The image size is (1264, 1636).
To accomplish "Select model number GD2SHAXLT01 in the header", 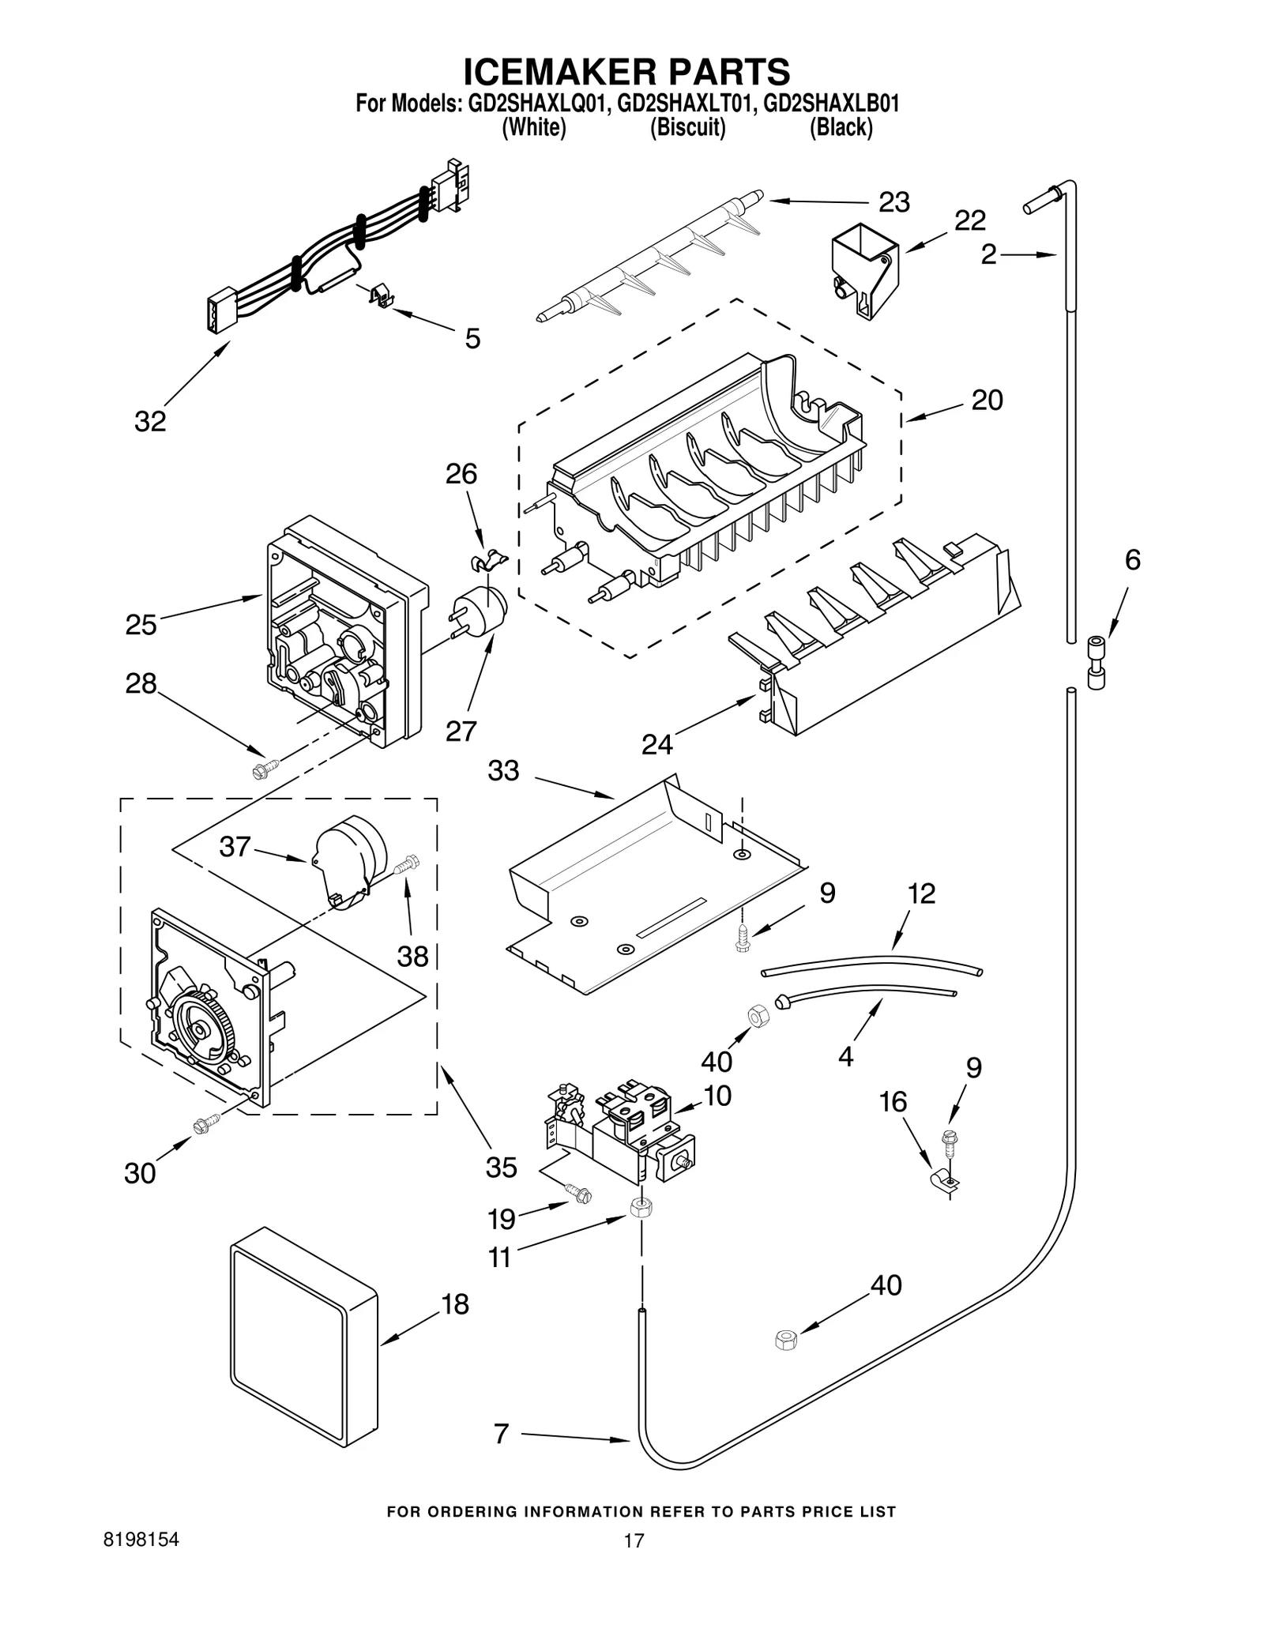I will [x=683, y=104].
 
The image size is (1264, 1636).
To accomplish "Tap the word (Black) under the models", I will [x=841, y=128].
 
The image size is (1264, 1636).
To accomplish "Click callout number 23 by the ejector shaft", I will [x=894, y=202].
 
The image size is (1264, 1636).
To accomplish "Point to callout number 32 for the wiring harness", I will [x=150, y=421].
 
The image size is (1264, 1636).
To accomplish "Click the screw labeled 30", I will [x=204, y=1123].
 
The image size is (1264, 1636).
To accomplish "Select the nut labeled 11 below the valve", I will [x=641, y=1208].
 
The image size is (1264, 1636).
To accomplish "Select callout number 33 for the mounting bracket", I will [x=503, y=770].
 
